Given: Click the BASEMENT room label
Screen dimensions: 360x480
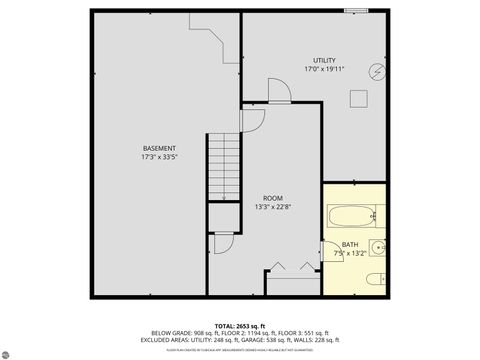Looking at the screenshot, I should [159, 149].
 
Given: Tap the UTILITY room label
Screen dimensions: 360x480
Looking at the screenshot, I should [324, 60].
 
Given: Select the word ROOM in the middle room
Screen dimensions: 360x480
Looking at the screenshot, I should [273, 198].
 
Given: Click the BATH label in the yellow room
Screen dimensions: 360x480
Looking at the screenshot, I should [349, 244].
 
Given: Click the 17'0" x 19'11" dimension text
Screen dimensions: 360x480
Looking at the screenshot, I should [324, 69].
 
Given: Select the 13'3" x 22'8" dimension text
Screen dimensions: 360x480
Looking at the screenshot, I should [273, 207].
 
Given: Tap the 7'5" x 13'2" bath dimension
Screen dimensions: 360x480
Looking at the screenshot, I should [349, 253].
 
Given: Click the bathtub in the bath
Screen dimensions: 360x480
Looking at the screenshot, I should [352, 215].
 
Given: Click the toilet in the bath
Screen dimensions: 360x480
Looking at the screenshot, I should [373, 279].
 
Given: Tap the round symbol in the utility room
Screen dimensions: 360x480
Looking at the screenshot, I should [376, 71].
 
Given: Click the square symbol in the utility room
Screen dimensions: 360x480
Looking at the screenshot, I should [358, 98].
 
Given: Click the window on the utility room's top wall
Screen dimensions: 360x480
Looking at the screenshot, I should [356, 11].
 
